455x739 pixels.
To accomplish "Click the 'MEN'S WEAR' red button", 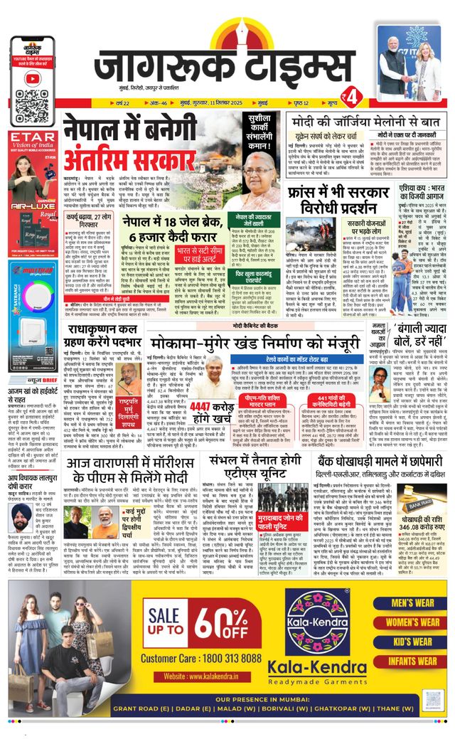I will [412, 603].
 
